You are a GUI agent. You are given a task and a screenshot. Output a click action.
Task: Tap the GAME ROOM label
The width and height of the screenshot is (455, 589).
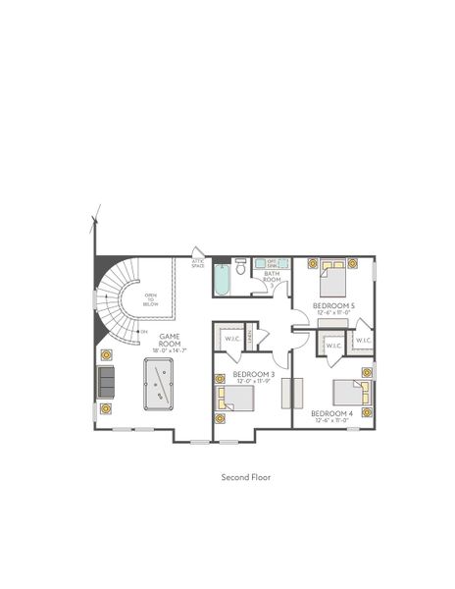coord(170,340)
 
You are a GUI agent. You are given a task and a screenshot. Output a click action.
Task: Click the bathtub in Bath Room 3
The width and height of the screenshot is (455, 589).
coord(221,281)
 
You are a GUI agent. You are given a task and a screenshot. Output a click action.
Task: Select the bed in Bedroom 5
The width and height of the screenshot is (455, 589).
coord(332,278)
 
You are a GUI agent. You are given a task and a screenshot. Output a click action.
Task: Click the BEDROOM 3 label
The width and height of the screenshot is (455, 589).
coord(253,374)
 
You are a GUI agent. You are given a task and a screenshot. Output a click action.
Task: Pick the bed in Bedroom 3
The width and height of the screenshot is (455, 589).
coord(236,400)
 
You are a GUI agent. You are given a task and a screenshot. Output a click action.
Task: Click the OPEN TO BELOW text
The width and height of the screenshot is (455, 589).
coord(150,299)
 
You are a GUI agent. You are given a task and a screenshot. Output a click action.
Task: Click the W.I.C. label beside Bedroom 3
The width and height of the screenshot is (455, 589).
coord(231,340)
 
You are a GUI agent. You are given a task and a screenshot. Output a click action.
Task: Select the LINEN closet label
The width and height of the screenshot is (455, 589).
coord(251,337)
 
